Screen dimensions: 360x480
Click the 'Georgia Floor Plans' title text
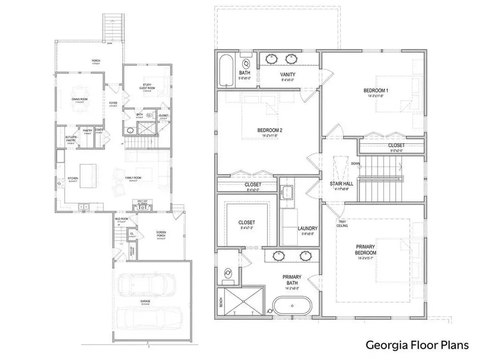pos(417,345)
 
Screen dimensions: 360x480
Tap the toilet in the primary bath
pos(228,274)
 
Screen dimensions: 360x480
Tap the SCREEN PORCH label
pos(161,234)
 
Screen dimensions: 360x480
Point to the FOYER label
pos(113,102)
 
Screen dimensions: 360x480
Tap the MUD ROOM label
pos(121,219)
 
